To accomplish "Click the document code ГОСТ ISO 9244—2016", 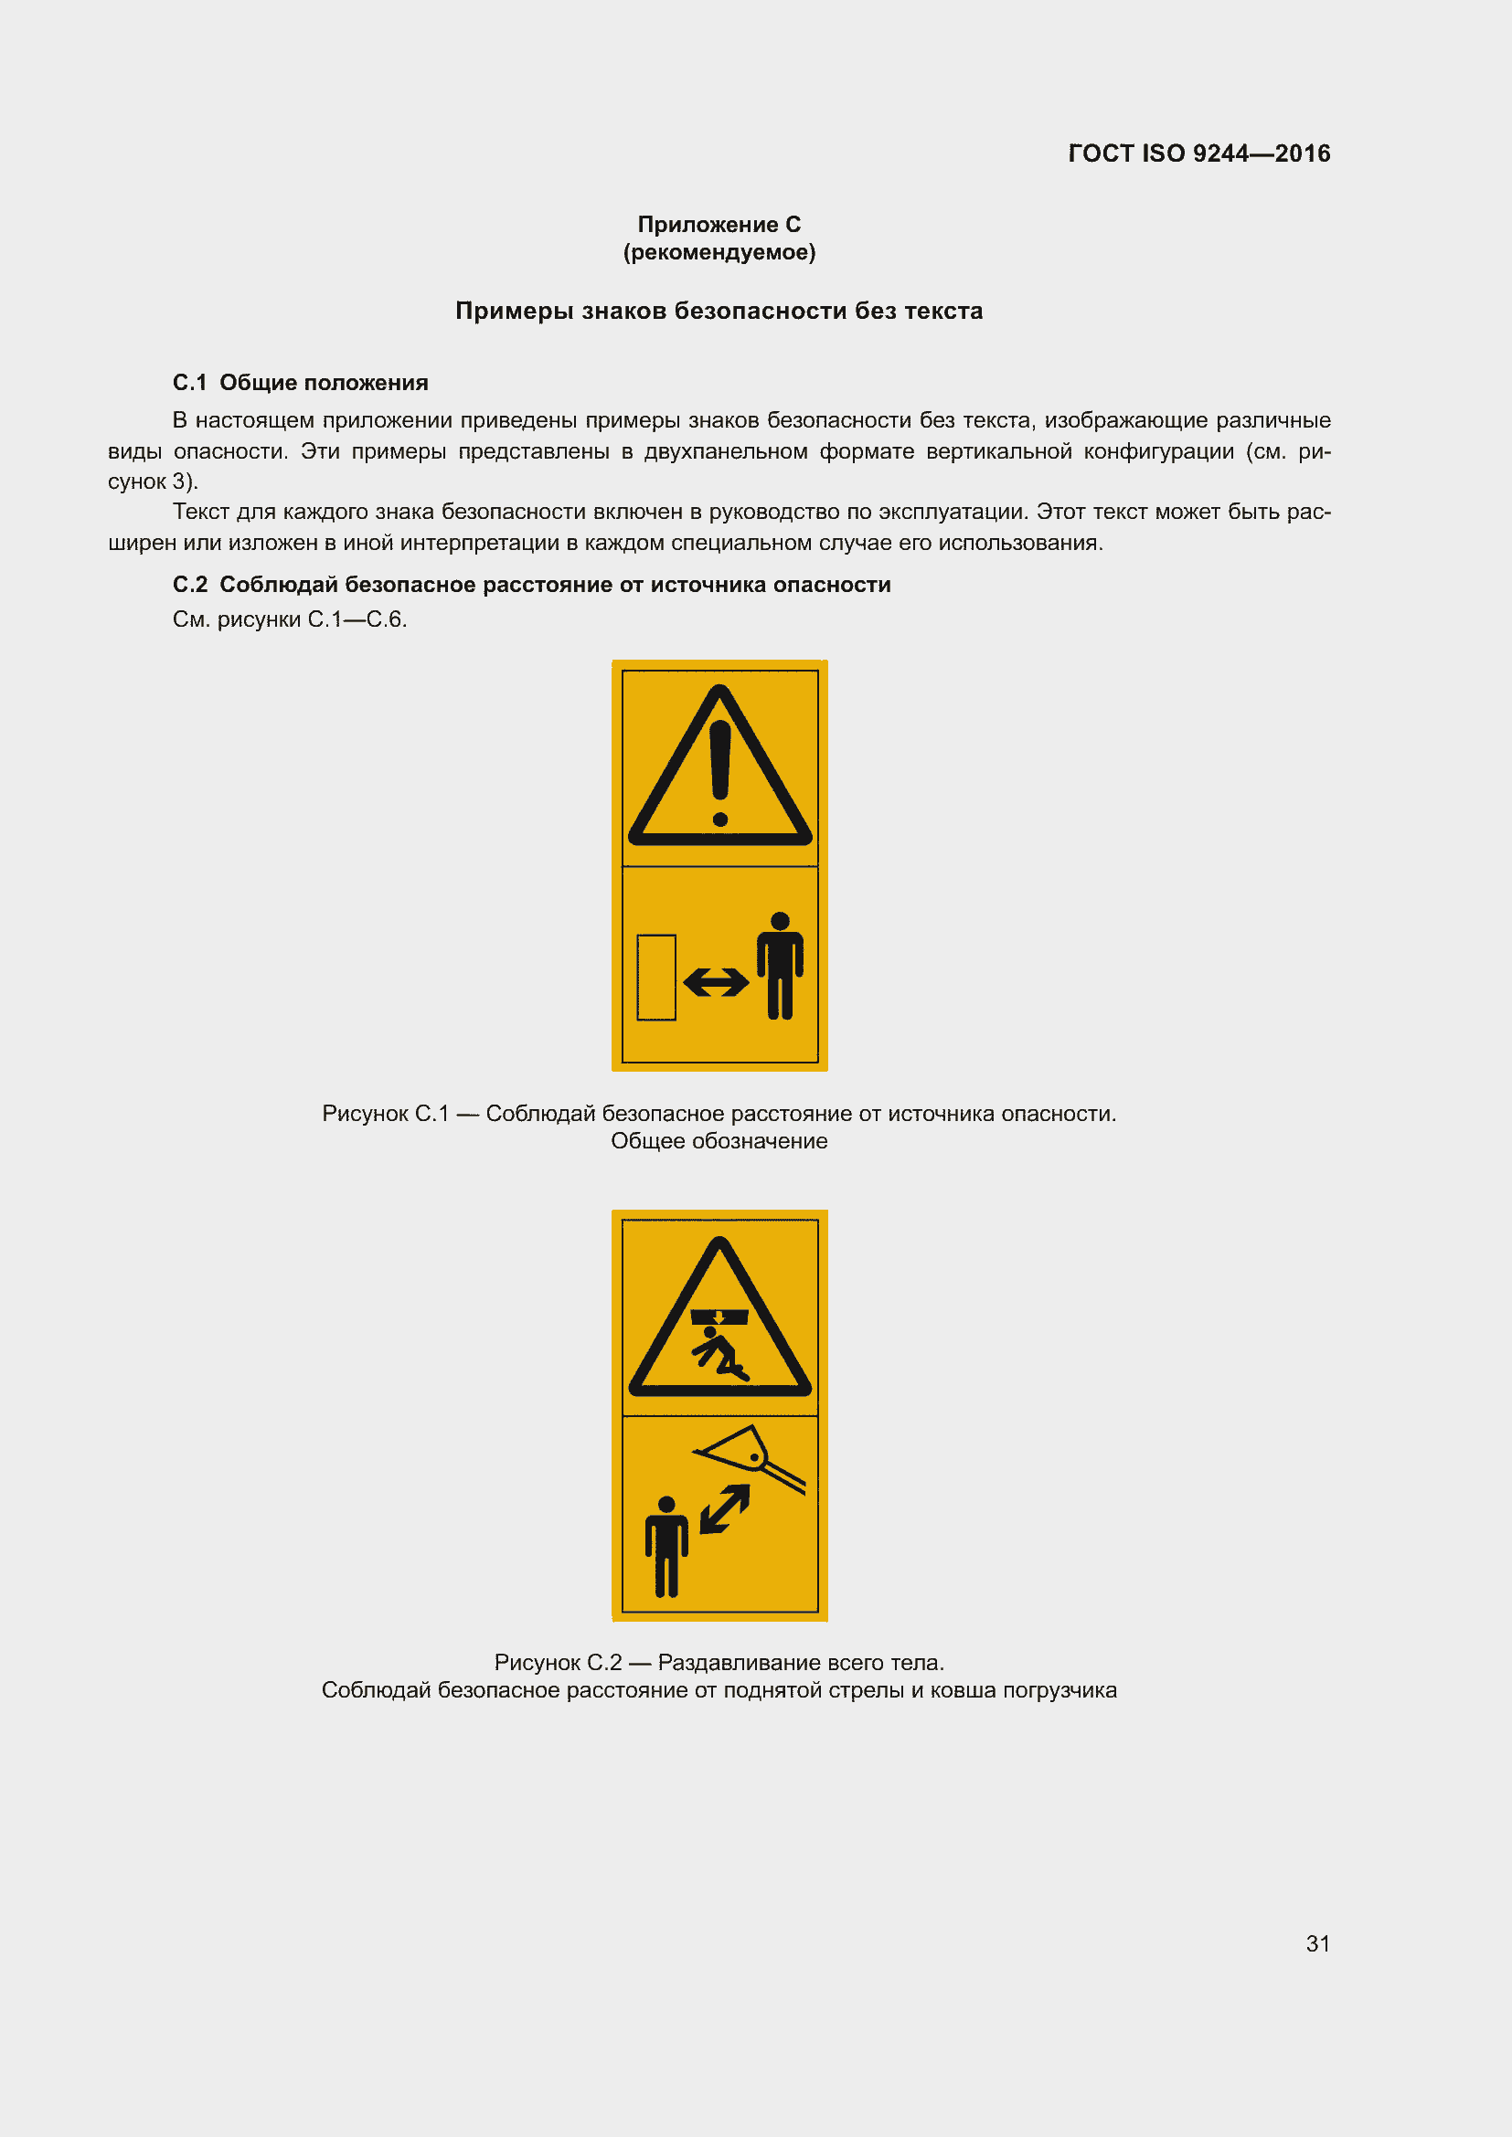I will click(x=1198, y=153).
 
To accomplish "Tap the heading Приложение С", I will click(x=719, y=225).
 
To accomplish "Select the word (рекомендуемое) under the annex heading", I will click(x=719, y=252).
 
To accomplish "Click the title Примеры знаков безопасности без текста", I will click(x=719, y=311).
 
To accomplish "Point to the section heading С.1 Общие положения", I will click(x=300, y=383).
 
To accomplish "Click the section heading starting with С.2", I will click(x=531, y=585).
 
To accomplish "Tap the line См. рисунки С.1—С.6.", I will click(x=290, y=619).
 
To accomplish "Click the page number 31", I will click(x=1317, y=1943).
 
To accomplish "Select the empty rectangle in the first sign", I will click(x=656, y=978).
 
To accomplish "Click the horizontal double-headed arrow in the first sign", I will click(x=715, y=982).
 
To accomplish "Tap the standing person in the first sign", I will click(x=780, y=965).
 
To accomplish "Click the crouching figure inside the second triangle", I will click(x=719, y=1353).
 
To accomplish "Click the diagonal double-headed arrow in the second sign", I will click(x=724, y=1508).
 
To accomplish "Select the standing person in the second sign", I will click(x=666, y=1546).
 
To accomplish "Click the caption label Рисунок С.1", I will click(x=385, y=1113).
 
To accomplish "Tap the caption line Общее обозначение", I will click(x=719, y=1141).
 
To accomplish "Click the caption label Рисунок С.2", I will click(x=557, y=1662).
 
